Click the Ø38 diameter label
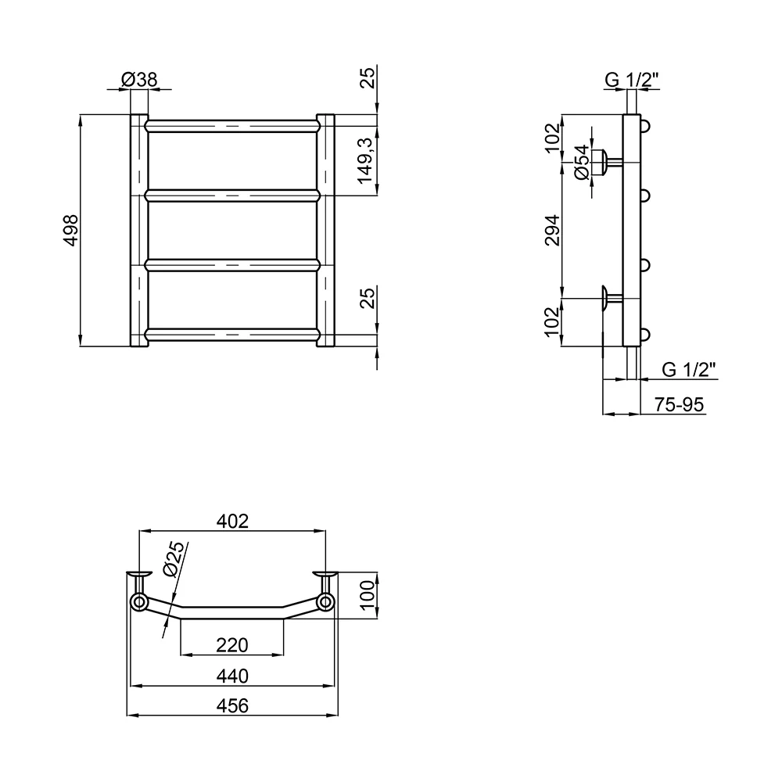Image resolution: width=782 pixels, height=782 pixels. tap(139, 79)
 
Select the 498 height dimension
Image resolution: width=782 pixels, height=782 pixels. tap(71, 230)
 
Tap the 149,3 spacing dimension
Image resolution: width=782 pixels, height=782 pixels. tap(366, 160)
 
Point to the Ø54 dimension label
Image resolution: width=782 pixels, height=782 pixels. tap(582, 162)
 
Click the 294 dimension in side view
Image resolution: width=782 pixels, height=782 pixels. tap(553, 230)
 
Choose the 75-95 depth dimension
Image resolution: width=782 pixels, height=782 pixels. tap(679, 404)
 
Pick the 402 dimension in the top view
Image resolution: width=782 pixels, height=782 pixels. tap(232, 521)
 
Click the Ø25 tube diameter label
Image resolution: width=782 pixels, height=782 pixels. tap(174, 559)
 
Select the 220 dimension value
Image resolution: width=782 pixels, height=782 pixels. tap(232, 645)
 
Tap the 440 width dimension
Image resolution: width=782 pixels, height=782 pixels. tap(232, 676)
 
